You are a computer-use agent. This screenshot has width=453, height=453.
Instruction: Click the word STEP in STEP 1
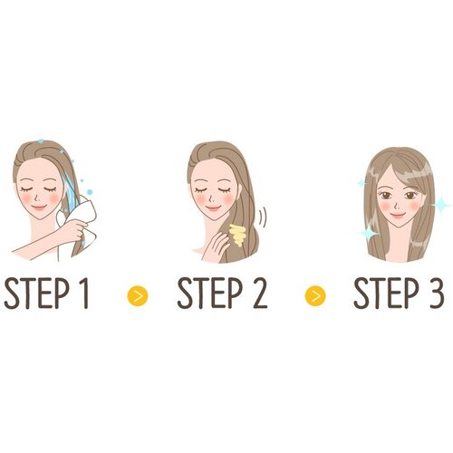37,293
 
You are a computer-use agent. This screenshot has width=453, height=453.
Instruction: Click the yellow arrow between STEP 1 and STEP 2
138,295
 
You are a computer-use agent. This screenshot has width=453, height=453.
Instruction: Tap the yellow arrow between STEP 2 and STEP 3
315,295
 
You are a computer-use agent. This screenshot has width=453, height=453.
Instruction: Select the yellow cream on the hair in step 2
238,235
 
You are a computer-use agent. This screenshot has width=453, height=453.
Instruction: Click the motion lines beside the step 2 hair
263,217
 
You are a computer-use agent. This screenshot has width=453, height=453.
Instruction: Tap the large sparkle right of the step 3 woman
441,206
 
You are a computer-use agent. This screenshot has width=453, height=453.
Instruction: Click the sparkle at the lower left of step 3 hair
368,233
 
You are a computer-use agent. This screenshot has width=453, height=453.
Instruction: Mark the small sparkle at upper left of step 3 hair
361,183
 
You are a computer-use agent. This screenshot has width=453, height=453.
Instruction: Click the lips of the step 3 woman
397,215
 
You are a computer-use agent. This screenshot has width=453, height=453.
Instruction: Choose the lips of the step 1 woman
39,208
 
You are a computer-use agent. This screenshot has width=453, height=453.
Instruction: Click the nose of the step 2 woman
211,198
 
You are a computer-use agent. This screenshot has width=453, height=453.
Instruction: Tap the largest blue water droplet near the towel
90,192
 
